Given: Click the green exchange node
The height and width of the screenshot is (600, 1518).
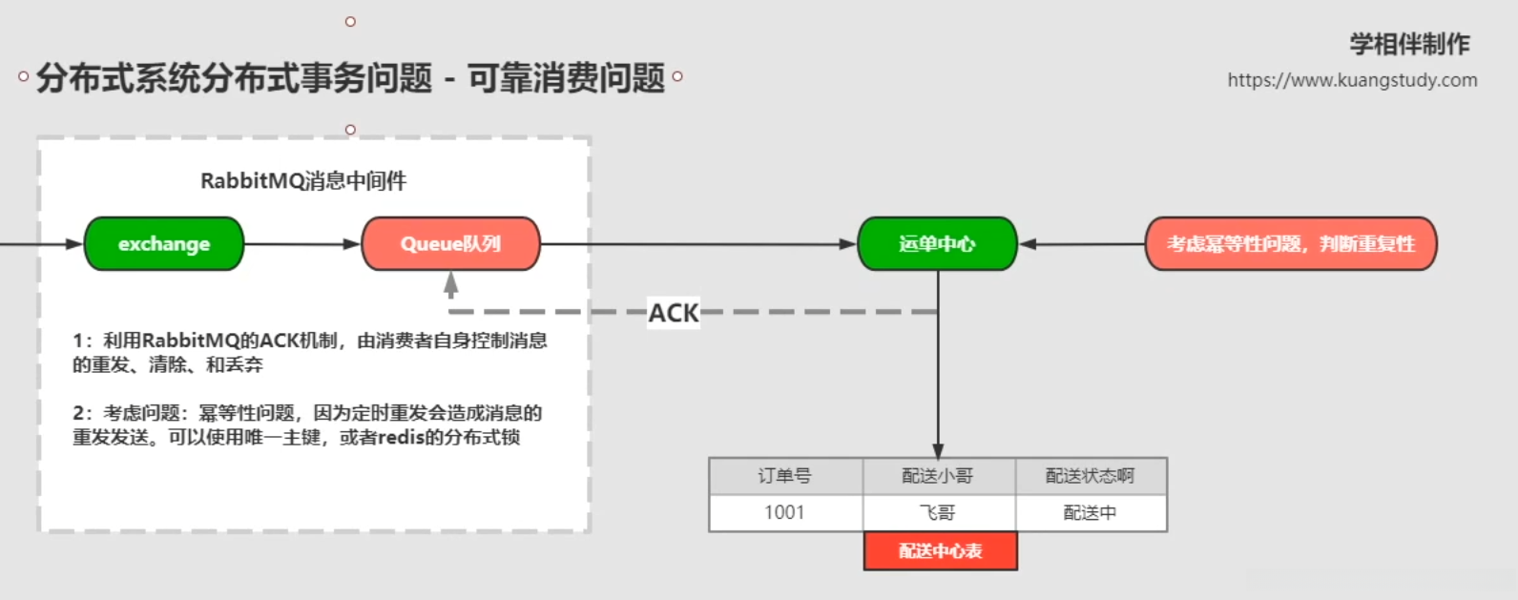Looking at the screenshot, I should [164, 244].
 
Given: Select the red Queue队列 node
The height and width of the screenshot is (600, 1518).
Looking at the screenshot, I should [450, 244].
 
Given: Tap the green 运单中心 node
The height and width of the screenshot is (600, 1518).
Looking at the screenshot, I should [937, 244].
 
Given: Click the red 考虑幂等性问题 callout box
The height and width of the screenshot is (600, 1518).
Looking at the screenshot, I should [1290, 244].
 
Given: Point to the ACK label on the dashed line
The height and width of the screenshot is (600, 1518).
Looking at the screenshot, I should [674, 313].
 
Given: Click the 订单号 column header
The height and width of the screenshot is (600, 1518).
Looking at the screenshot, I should [785, 476].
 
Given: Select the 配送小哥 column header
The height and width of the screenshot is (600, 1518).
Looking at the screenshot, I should [938, 476].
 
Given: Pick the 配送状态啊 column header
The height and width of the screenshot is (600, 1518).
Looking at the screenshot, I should [1091, 476].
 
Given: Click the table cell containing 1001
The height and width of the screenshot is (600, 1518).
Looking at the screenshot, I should [785, 513].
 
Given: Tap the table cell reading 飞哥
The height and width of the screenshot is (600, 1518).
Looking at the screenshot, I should [938, 513].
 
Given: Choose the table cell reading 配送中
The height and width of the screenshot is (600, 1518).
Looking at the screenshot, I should [1091, 513].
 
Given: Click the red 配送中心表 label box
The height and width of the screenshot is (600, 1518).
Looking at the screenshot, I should [940, 551].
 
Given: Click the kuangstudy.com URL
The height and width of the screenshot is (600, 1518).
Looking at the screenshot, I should [1352, 80].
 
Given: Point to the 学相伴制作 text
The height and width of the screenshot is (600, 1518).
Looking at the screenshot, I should [1409, 44].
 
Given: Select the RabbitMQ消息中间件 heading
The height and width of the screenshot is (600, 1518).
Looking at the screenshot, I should [303, 181].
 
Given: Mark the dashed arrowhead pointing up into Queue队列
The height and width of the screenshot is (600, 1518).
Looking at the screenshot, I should [451, 283].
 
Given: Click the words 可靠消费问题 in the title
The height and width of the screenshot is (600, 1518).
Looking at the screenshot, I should [566, 78].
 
